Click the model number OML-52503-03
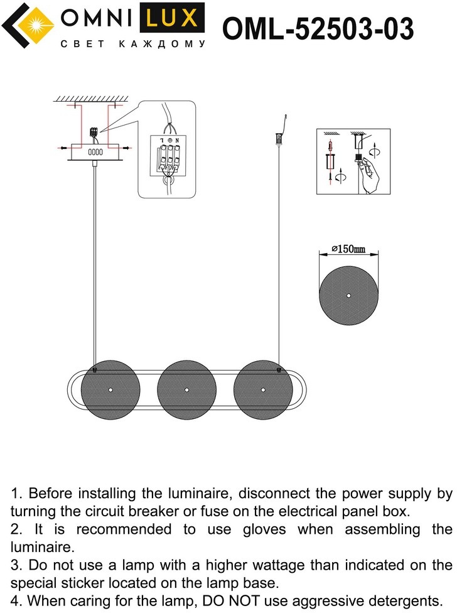[318, 28]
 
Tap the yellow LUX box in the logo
[172, 18]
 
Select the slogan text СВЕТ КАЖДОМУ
[133, 44]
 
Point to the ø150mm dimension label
[348, 249]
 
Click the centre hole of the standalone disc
[348, 296]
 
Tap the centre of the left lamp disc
[110, 390]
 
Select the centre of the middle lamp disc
[186, 390]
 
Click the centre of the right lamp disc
[263, 390]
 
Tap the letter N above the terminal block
[177, 140]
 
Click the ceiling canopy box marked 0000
[95, 152]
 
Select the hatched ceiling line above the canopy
[91, 99]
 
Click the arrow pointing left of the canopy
[63, 148]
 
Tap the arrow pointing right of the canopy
[126, 148]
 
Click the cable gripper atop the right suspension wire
[279, 139]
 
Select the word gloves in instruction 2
[264, 529]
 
